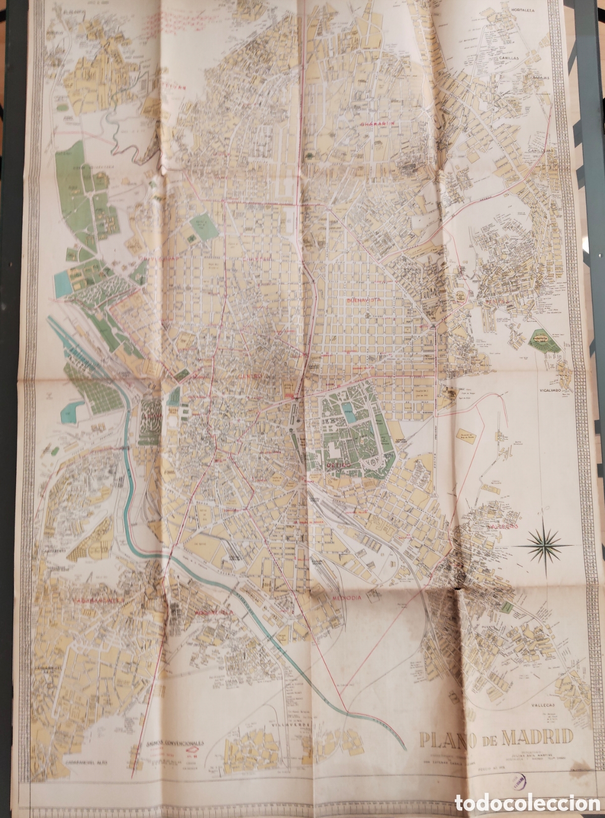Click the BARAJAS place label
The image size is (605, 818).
click(x=535, y=79)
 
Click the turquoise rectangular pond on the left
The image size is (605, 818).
click(x=63, y=278)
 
